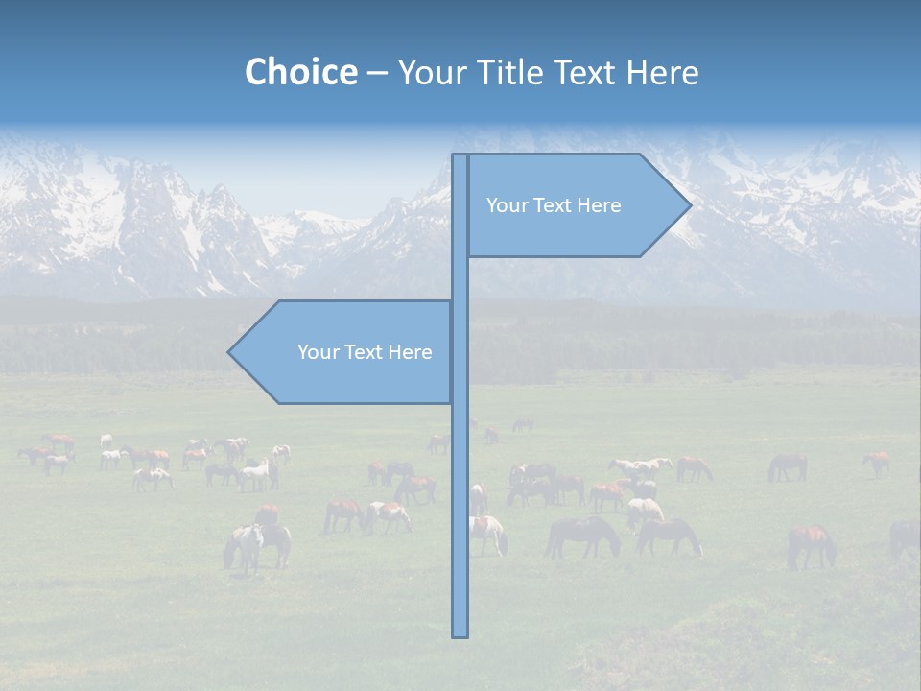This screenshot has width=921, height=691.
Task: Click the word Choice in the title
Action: coord(300,72)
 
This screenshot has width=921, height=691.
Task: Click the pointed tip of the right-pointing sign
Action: coord(690,204)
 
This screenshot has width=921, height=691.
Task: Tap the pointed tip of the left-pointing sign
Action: coord(229,352)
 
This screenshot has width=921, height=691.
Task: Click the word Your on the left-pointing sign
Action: coord(317,352)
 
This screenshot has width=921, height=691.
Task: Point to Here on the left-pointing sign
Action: coord(410,352)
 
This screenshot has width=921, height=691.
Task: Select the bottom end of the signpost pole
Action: coord(460,634)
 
